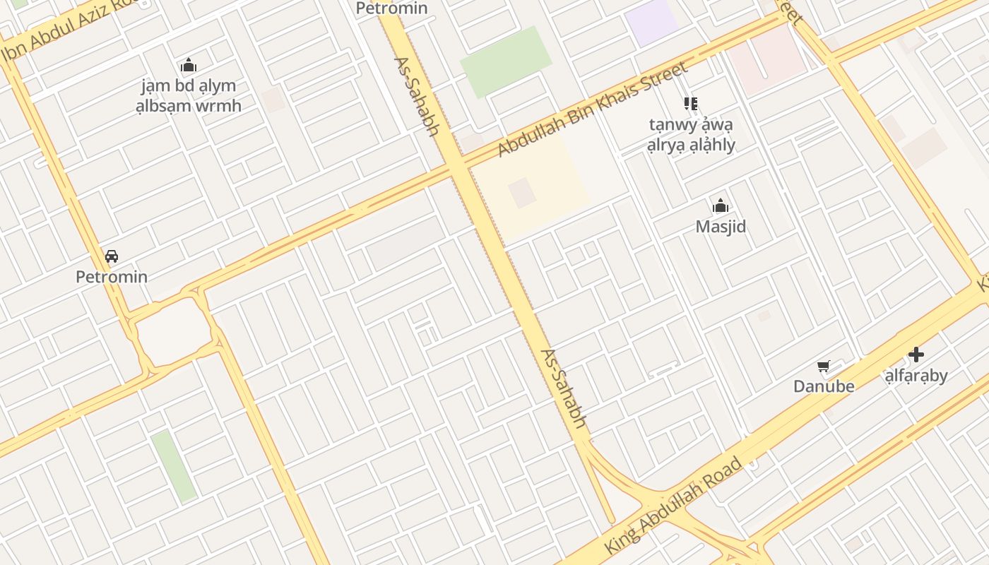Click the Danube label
(x=824, y=386)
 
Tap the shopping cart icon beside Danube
(x=823, y=367)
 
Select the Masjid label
(x=721, y=227)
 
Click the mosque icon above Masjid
(x=721, y=206)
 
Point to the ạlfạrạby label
(x=916, y=375)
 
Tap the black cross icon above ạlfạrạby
(x=916, y=354)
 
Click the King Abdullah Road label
(x=673, y=505)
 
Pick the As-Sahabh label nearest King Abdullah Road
(x=564, y=388)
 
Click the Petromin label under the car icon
(x=112, y=276)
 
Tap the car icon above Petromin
(x=112, y=256)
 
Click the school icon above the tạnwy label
(x=690, y=104)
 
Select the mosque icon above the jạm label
(x=189, y=66)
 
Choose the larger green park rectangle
(x=506, y=62)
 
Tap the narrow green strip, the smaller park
(x=174, y=466)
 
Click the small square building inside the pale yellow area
(x=522, y=193)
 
